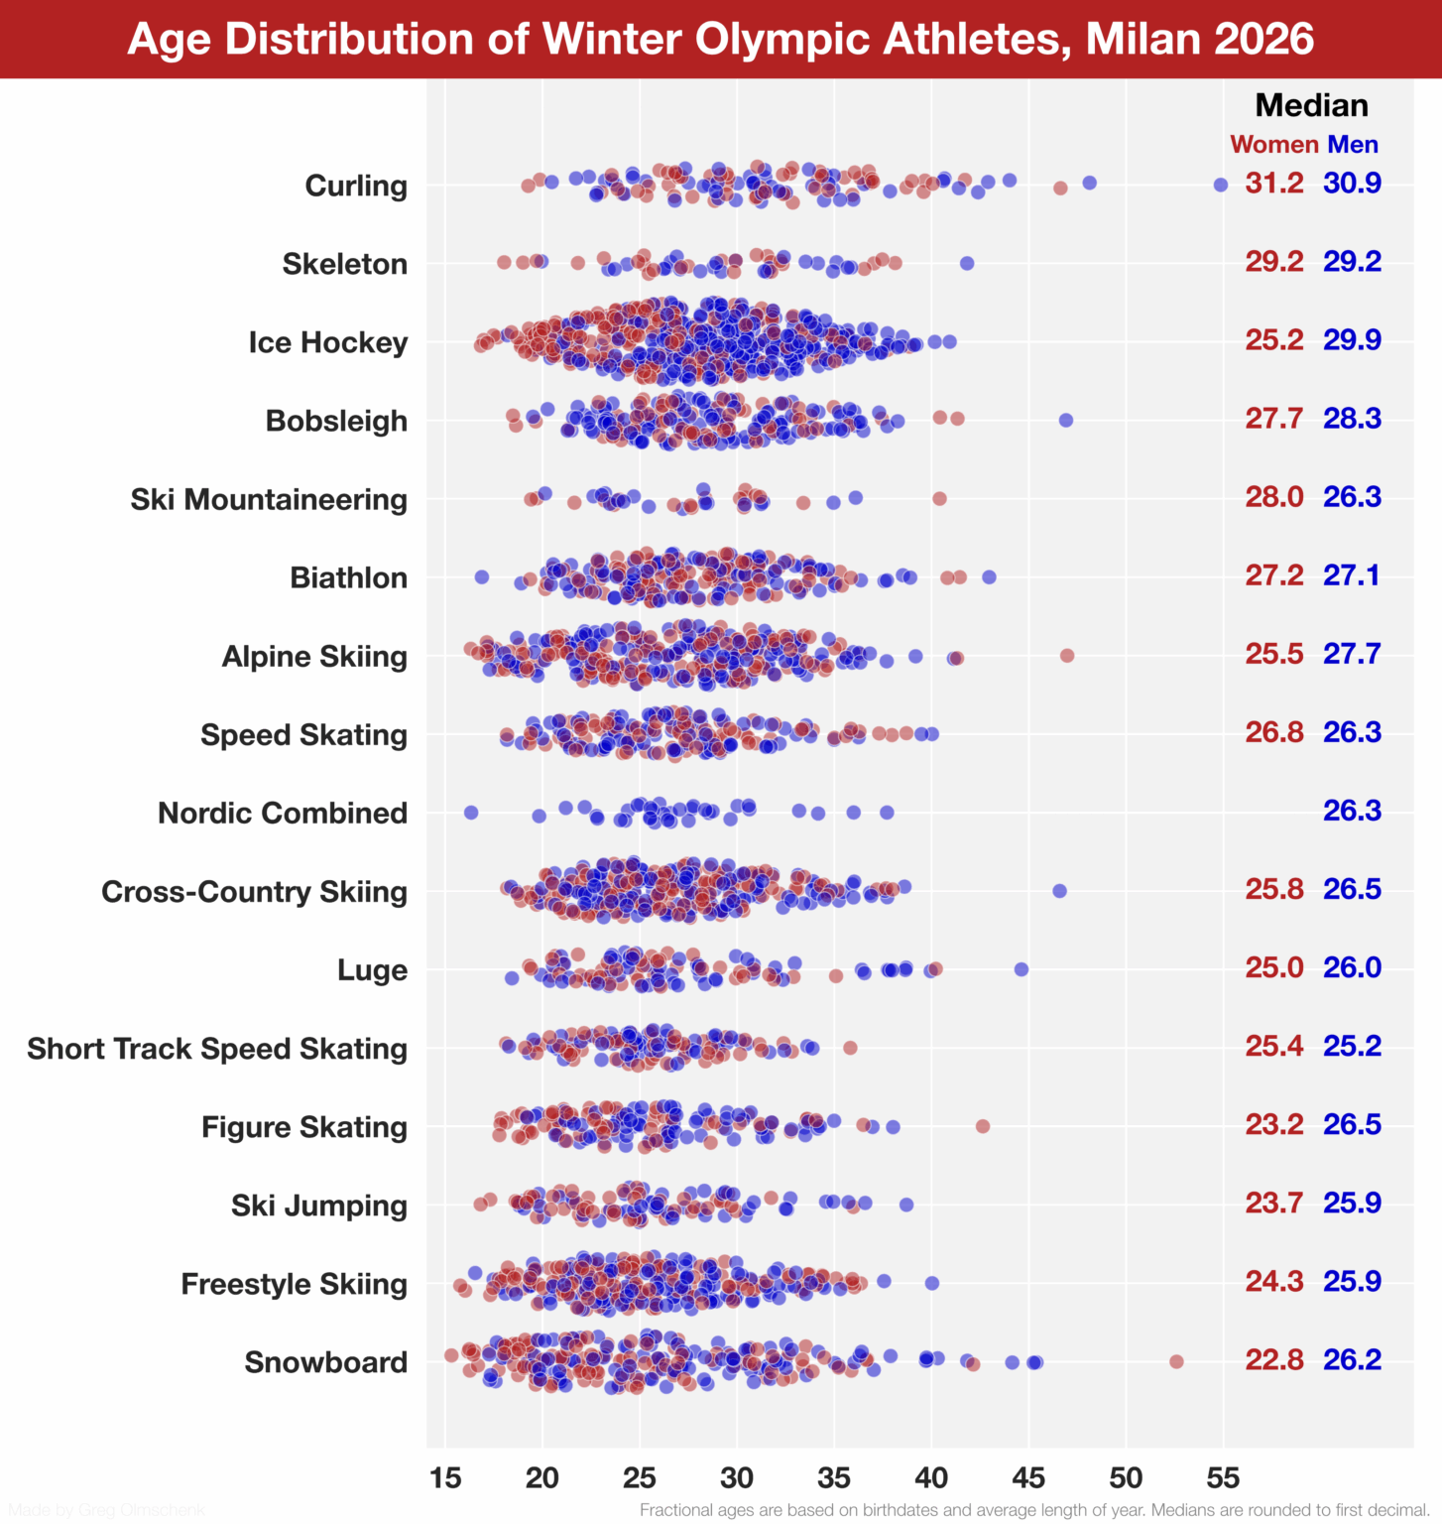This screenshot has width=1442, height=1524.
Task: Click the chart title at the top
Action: click(x=721, y=39)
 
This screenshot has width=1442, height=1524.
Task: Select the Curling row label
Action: click(x=355, y=186)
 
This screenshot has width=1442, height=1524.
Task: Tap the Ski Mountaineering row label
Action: click(x=269, y=499)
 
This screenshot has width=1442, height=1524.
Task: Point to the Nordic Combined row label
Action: click(x=283, y=813)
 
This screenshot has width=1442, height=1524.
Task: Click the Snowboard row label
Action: click(x=325, y=1362)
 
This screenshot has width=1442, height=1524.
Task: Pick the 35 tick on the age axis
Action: click(x=834, y=1477)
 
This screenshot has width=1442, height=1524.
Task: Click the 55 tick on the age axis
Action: click(x=1223, y=1477)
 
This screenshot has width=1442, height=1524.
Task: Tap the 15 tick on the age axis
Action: click(x=445, y=1477)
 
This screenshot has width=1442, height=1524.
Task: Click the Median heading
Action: click(x=1311, y=105)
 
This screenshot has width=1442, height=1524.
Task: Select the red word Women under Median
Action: click(x=1273, y=145)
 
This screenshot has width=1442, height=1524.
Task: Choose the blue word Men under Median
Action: click(x=1353, y=145)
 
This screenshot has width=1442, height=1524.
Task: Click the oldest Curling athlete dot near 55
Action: click(x=1221, y=185)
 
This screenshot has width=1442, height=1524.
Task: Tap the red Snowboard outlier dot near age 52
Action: click(x=1176, y=1361)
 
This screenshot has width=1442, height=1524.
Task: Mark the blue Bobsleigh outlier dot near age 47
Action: click(x=1066, y=421)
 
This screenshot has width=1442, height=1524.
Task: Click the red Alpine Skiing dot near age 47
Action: click(x=1067, y=656)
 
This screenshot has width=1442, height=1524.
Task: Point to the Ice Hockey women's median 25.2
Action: click(x=1274, y=340)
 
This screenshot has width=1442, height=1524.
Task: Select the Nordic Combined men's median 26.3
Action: click(x=1352, y=811)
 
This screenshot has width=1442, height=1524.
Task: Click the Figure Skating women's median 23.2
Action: click(x=1274, y=1124)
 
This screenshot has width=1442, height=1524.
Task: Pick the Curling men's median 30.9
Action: click(x=1352, y=184)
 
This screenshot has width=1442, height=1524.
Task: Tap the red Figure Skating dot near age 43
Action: click(x=983, y=1126)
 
